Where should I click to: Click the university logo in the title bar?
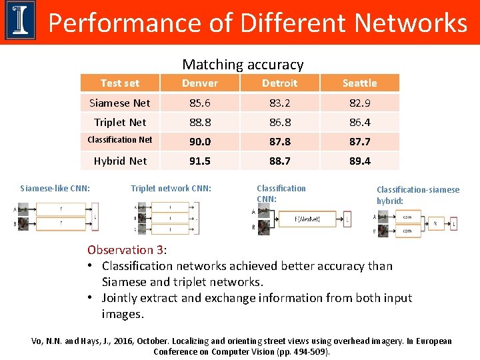coord(21,22)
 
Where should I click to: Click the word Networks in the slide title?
coord(411,23)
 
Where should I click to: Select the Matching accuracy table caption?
coord(243,65)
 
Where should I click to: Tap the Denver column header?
coord(200,83)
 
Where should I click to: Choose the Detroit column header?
coord(280,83)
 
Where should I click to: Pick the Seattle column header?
coord(360,83)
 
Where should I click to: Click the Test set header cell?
coord(120,83)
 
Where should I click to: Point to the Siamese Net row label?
coord(120,103)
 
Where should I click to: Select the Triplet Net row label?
coord(120,123)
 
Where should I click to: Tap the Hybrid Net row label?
coord(120,161)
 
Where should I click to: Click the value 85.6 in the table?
coord(200,103)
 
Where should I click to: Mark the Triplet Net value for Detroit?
coord(280,123)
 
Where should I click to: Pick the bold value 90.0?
coord(200,141)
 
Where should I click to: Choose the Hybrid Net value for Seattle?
coord(360,161)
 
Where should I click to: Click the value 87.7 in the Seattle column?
coord(360,141)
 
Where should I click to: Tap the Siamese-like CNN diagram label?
coord(55,189)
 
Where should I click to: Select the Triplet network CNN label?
coord(171,189)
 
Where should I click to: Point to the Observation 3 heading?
coord(126,250)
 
